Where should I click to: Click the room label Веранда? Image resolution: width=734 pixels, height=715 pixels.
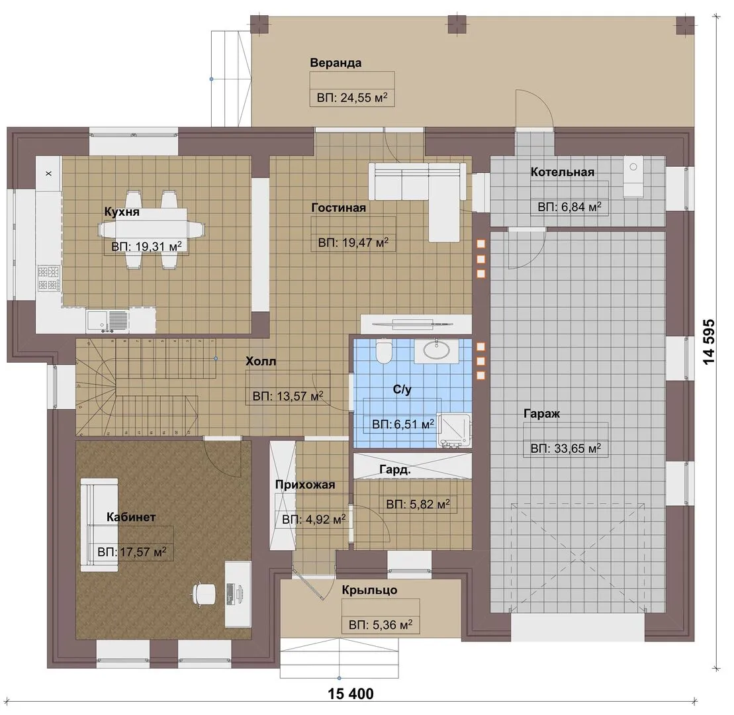[x=336, y=63]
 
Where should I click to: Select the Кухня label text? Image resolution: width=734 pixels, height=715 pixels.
[x=122, y=212]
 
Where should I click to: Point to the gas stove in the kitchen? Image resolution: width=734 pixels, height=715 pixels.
[x=49, y=278]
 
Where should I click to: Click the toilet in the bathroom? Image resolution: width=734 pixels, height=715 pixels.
[x=384, y=352]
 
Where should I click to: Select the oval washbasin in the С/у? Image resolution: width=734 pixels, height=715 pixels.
[x=437, y=350]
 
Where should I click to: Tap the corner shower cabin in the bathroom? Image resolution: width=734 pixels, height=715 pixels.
[x=453, y=430]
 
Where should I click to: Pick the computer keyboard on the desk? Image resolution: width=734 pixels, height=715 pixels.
[x=230, y=594]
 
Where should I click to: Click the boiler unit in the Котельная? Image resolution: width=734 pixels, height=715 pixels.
[x=633, y=177]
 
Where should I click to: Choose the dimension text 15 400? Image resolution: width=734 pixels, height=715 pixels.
[x=351, y=693]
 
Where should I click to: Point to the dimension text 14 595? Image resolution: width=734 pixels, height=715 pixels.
[x=709, y=342]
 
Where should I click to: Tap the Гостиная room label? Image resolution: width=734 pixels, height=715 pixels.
[x=338, y=207]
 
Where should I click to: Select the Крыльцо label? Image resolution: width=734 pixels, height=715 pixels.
[x=369, y=590]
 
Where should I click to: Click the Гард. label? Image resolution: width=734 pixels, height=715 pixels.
[x=395, y=469]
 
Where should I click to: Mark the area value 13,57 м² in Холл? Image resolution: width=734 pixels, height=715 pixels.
[x=300, y=396]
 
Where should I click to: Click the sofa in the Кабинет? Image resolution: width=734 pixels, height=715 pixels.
[x=99, y=524]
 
